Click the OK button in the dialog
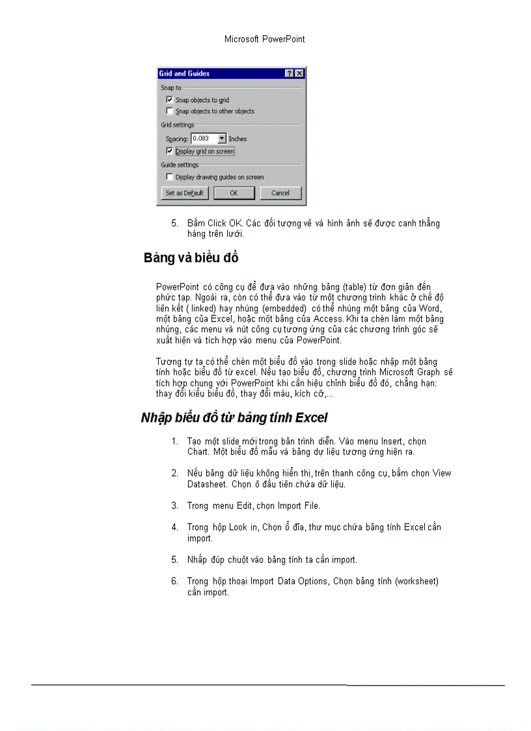[234, 193]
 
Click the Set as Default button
[184, 193]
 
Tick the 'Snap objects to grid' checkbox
[170, 100]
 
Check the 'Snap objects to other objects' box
[170, 111]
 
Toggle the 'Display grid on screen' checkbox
[170, 151]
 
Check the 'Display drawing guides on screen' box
[170, 177]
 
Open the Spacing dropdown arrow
[222, 139]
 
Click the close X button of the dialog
[299, 74]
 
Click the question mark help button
[290, 74]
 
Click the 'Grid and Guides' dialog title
[184, 74]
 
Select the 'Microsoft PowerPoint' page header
[265, 39]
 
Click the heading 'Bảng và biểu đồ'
[191, 258]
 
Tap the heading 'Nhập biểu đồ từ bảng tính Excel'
[234, 417]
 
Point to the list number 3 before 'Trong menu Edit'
[174, 505]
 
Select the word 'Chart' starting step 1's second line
[197, 452]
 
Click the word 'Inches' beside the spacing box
[238, 139]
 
